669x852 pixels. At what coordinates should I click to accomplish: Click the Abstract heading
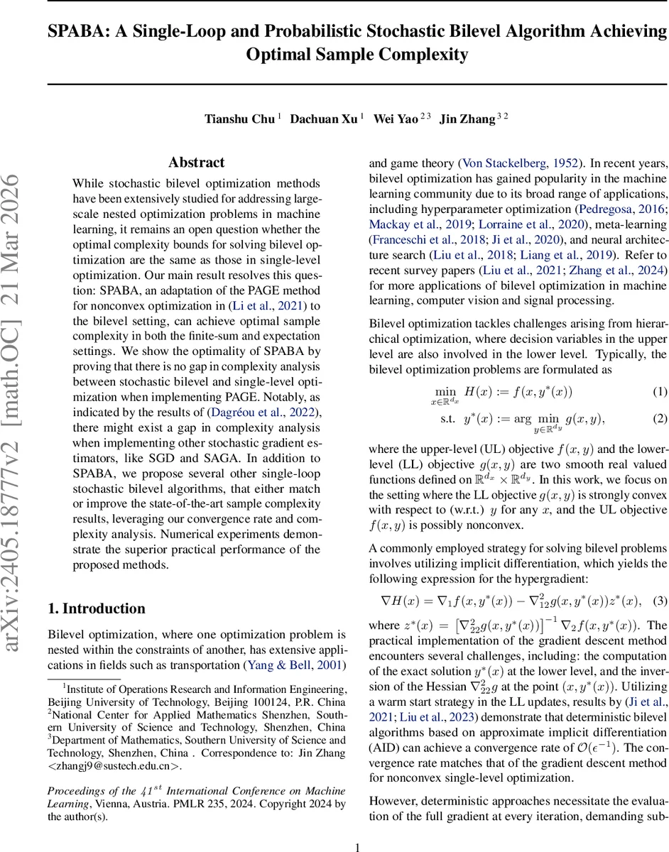pyautogui.click(x=196, y=163)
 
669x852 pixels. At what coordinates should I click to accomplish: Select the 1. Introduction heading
pyautogui.click(x=96, y=608)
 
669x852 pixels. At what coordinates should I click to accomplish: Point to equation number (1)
pyautogui.click(x=660, y=392)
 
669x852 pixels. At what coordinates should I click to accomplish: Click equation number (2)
pyautogui.click(x=660, y=418)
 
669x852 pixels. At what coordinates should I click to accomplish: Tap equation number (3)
pyautogui.click(x=660, y=601)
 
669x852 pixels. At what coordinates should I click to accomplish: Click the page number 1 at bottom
pyautogui.click(x=357, y=846)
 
